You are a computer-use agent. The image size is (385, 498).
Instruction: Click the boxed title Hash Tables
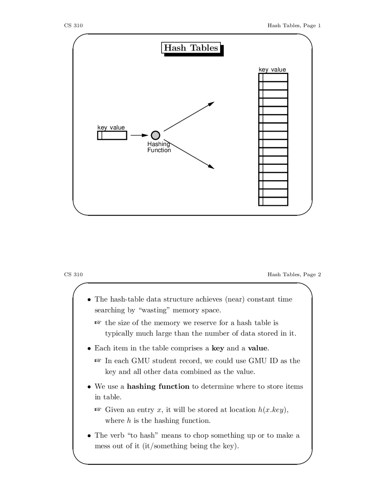pos(191,48)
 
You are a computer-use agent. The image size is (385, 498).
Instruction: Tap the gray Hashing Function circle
pos(155,135)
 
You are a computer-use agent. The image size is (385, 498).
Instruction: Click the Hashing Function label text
pos(159,147)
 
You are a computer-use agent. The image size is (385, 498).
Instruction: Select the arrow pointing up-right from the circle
pos(189,116)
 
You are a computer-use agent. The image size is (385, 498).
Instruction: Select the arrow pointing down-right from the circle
pos(189,154)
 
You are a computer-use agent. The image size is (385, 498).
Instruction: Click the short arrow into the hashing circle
pos(139,135)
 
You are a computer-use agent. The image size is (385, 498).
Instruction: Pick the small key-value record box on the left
pos(112,136)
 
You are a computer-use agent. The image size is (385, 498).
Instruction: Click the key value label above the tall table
pos(272,69)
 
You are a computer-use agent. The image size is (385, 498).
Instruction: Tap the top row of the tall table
pos(273,77)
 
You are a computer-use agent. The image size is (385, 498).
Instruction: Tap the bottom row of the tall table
pos(273,201)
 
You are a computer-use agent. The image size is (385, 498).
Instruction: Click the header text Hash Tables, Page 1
pos(294,26)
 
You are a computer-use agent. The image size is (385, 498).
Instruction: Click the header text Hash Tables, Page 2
pos(294,275)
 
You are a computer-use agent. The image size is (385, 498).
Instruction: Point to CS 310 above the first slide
pos(73,26)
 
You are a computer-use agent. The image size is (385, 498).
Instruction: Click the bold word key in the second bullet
pos(218,348)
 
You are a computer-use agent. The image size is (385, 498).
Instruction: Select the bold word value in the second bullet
pos(257,348)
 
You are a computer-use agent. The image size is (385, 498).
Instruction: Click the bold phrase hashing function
pos(158,386)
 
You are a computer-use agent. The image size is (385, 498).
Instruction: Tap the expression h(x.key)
pos(273,410)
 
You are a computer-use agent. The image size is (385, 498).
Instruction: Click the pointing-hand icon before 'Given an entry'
pos(98,410)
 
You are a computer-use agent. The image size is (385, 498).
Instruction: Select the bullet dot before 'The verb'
pos(89,436)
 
